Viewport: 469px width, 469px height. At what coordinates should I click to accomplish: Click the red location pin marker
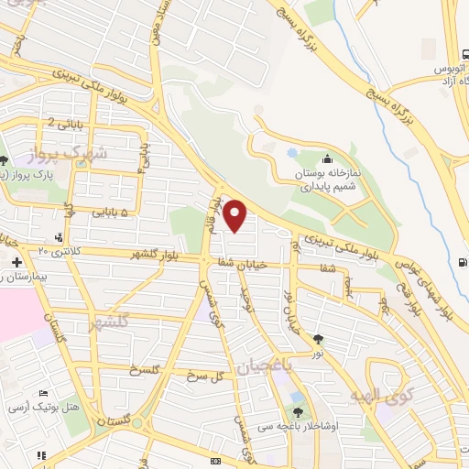(x=236, y=216)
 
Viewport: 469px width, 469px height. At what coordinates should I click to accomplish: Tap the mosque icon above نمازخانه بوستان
(x=326, y=159)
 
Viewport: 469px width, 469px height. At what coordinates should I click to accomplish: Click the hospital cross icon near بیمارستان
(x=15, y=264)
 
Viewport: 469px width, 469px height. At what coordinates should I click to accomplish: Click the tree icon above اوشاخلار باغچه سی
(x=298, y=413)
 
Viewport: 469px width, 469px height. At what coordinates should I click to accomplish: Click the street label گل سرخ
(x=202, y=376)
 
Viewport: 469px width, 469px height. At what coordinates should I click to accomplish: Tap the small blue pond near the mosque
(x=292, y=153)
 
